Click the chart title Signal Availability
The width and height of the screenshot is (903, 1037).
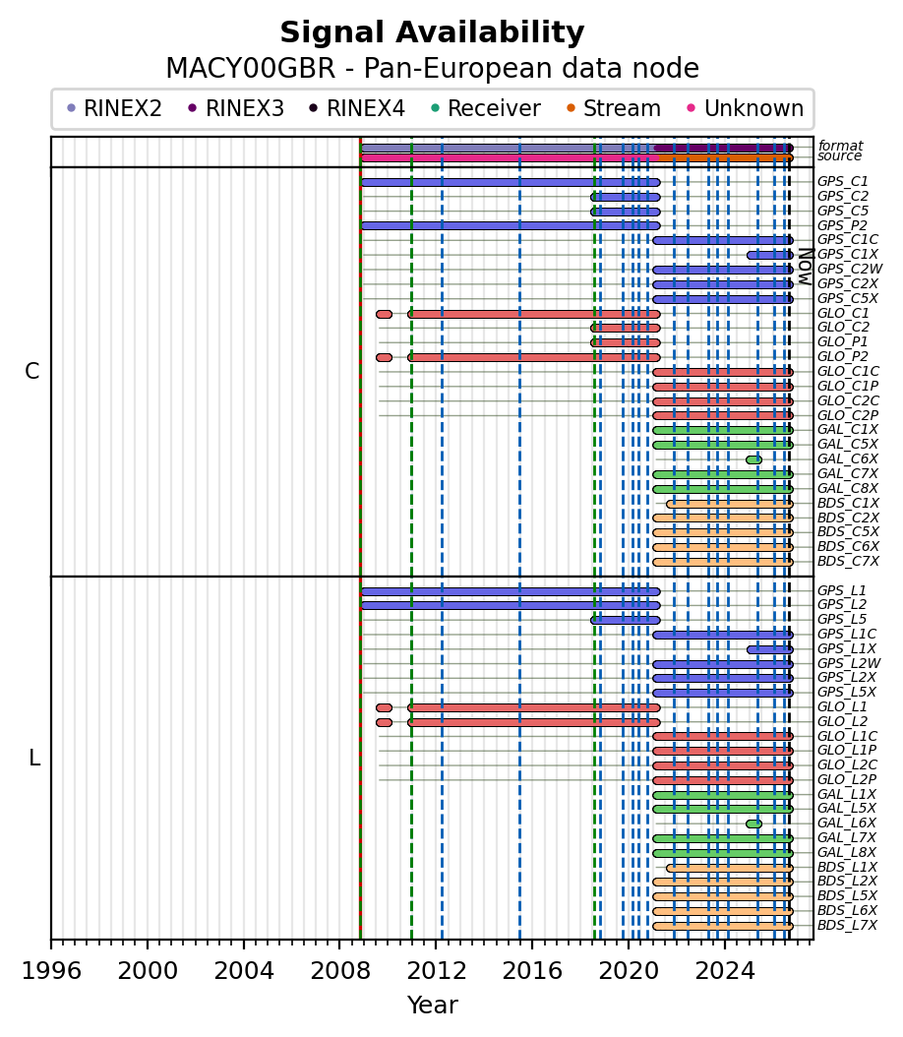433,32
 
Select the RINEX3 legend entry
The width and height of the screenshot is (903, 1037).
236,108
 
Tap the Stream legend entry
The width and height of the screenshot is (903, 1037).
614,108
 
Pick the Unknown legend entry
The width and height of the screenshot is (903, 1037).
746,108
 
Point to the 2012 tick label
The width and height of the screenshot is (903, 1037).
437,971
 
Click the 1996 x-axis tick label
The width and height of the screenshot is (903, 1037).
51,971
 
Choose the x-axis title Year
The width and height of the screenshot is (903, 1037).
433,1006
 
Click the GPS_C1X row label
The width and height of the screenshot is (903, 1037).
848,255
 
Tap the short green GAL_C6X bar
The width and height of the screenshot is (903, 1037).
753,459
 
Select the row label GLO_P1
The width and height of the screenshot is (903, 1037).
843,342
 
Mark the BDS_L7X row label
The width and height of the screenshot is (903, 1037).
848,925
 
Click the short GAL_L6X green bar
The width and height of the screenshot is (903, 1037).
753,824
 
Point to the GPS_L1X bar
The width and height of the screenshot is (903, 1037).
770,649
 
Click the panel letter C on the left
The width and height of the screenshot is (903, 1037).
32,372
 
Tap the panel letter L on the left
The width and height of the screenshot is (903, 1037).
34,758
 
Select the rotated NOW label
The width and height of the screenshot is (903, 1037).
806,267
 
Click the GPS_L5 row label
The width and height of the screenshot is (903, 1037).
842,620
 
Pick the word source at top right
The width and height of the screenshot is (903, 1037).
839,156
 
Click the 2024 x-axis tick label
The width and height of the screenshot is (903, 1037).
725,971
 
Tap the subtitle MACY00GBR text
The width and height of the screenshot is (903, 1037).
251,69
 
